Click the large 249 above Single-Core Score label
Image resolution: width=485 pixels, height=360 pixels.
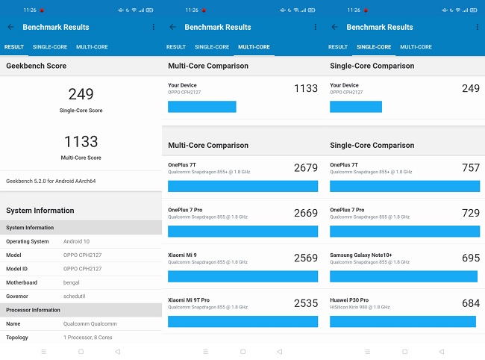click(x=81, y=94)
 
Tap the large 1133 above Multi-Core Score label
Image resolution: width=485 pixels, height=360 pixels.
click(x=81, y=141)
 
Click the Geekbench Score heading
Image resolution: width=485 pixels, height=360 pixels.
click(x=36, y=66)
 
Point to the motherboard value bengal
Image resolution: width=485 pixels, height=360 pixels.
click(x=73, y=282)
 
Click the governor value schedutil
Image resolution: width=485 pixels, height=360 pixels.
click(x=76, y=296)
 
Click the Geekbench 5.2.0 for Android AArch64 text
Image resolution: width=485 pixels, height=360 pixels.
click(x=51, y=181)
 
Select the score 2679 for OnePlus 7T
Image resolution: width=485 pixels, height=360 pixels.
click(x=305, y=168)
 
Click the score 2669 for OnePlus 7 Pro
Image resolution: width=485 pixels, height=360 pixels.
click(x=305, y=213)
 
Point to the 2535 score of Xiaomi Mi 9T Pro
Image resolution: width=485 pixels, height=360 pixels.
click(x=305, y=303)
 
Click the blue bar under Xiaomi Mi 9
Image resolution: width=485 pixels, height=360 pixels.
click(x=242, y=276)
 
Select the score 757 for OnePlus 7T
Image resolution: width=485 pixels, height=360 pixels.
click(x=470, y=168)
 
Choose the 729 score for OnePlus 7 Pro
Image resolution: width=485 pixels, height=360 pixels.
click(x=470, y=213)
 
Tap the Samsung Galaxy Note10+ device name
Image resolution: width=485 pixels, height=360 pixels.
click(x=367, y=255)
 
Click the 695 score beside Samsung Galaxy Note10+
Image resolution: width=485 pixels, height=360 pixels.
click(x=470, y=258)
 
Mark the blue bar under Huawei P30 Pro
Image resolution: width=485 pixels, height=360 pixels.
click(x=402, y=321)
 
